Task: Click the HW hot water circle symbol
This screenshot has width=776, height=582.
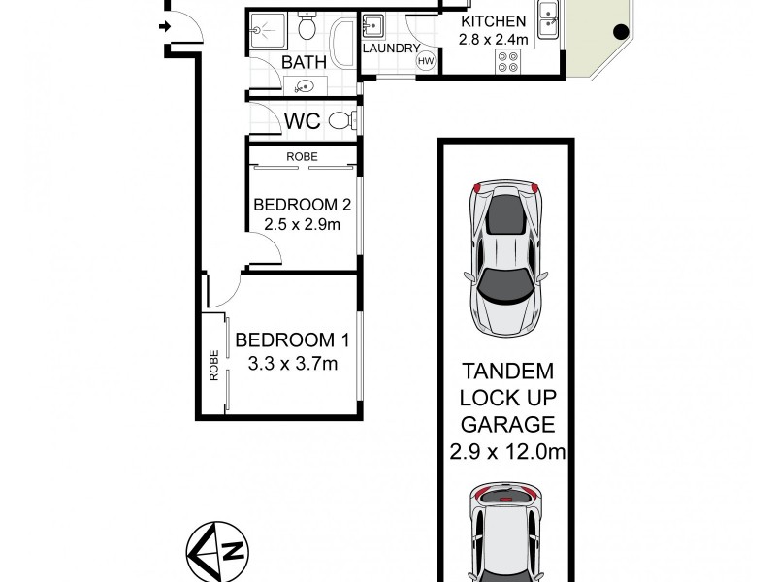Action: (425, 61)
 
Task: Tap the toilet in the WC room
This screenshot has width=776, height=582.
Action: (339, 120)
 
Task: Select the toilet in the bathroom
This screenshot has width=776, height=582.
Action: (307, 29)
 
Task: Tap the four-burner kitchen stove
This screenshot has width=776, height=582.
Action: (507, 61)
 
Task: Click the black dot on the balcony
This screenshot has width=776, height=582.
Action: (617, 32)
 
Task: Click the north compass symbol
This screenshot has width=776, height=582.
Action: (217, 550)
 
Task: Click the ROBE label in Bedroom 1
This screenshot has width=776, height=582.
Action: (213, 365)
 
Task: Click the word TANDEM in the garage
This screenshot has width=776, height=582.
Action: (507, 372)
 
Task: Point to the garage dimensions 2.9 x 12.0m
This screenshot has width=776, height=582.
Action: (508, 450)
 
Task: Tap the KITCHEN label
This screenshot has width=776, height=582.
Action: (494, 21)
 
